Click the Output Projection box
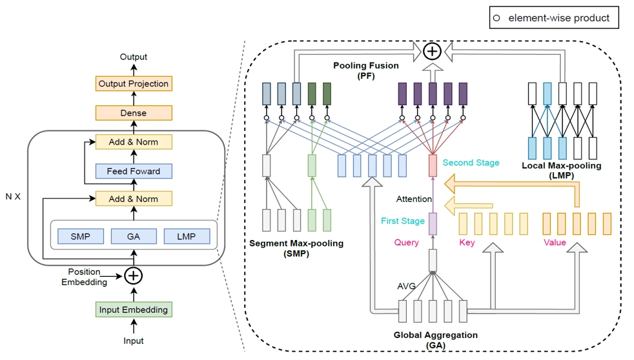(134, 84)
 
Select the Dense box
(134, 113)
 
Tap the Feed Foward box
(134, 171)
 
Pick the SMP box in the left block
(81, 236)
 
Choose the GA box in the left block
(134, 236)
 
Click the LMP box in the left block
(187, 236)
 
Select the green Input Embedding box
(134, 310)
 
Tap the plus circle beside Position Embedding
(134, 276)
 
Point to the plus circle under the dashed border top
(432, 52)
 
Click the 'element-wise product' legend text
(559, 18)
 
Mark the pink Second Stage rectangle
(433, 166)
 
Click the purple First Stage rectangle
(433, 224)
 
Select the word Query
(406, 243)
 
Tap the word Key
(467, 243)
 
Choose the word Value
(555, 243)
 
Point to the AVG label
(406, 286)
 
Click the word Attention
(414, 199)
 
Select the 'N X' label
(13, 197)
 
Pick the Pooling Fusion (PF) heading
(366, 70)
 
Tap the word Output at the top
(134, 57)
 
